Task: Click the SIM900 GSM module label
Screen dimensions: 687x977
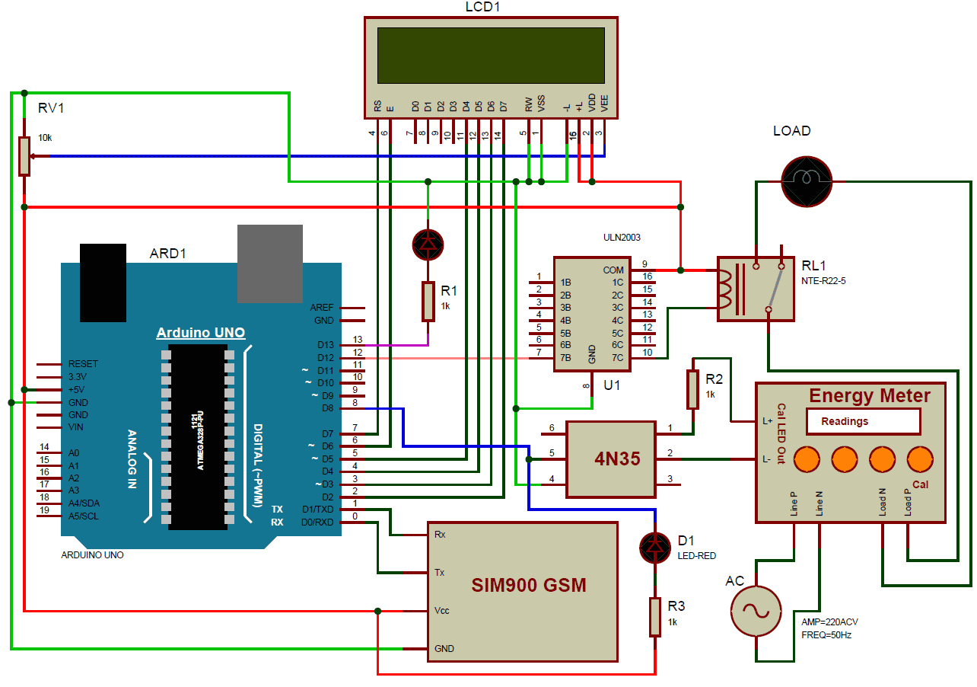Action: point(529,585)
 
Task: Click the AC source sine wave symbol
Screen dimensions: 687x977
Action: point(756,611)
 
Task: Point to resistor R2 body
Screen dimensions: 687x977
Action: point(692,389)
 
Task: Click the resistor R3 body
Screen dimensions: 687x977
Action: point(655,616)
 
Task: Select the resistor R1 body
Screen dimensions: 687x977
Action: point(428,302)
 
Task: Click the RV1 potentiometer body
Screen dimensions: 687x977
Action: point(24,155)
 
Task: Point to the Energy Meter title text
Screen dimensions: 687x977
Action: point(869,395)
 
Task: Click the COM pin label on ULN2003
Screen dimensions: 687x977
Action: point(613,270)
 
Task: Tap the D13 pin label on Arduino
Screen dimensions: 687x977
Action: point(326,345)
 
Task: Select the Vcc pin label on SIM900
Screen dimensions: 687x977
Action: point(441,611)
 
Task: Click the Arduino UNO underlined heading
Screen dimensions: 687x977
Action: point(200,333)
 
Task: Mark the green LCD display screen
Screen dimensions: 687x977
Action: point(491,56)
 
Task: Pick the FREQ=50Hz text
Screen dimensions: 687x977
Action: point(826,634)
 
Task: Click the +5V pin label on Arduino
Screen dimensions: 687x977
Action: point(78,389)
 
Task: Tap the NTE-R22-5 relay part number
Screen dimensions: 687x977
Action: point(823,281)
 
